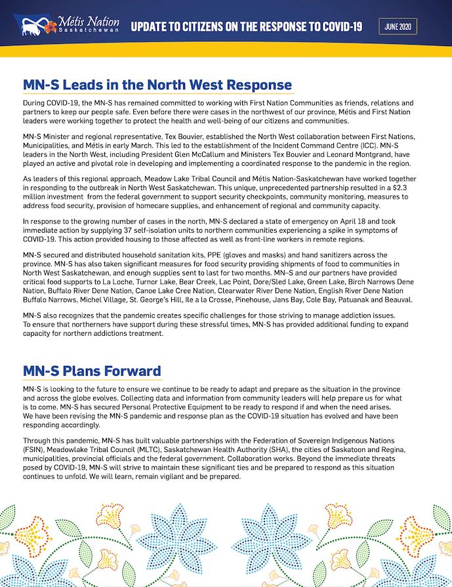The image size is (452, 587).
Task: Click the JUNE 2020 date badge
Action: click(x=398, y=26)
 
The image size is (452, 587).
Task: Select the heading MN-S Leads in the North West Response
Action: click(x=157, y=85)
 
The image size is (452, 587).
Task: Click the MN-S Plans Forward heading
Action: click(x=92, y=371)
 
